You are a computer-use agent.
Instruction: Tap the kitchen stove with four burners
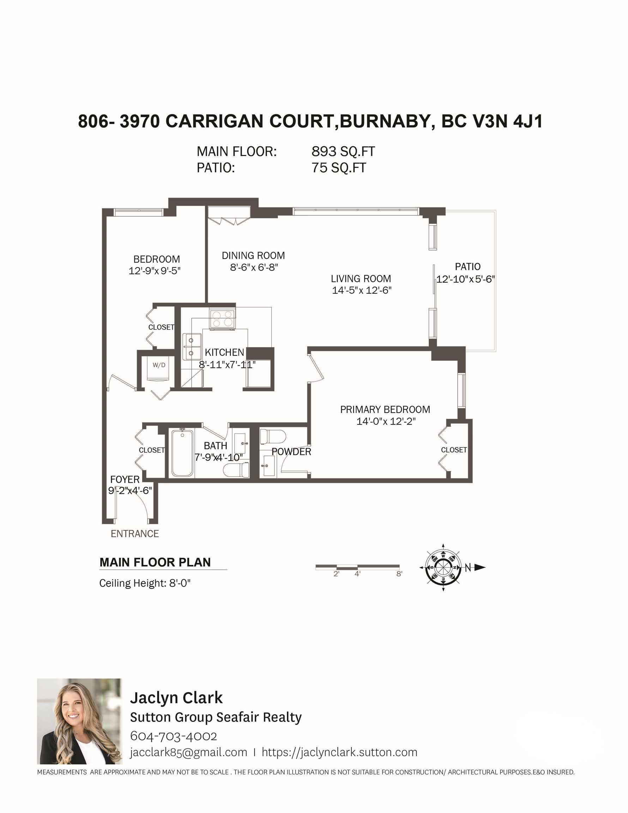(x=222, y=319)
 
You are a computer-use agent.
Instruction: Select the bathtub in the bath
(x=182, y=452)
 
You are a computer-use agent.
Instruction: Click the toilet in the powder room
(x=272, y=436)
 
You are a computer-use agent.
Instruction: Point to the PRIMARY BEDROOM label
(x=385, y=409)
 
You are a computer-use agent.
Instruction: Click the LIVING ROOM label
(x=361, y=278)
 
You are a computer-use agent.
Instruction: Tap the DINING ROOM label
(x=253, y=255)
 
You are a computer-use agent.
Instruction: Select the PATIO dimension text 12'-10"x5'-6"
(x=465, y=279)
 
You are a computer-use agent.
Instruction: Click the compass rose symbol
(x=443, y=567)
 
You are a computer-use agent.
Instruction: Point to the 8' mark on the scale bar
(x=399, y=574)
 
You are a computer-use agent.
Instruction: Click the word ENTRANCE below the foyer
(x=135, y=534)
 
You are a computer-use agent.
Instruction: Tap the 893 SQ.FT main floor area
(x=343, y=151)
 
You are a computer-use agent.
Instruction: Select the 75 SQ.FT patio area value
(x=339, y=168)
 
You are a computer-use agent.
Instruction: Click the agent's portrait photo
(x=80, y=721)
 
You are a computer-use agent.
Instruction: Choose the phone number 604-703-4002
(x=174, y=736)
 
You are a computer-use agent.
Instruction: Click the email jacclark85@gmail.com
(x=188, y=752)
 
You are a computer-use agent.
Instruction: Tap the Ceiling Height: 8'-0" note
(x=145, y=583)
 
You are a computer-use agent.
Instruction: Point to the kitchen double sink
(x=192, y=347)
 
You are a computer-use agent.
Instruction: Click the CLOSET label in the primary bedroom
(x=454, y=450)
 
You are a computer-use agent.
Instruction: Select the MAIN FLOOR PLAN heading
(x=155, y=562)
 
